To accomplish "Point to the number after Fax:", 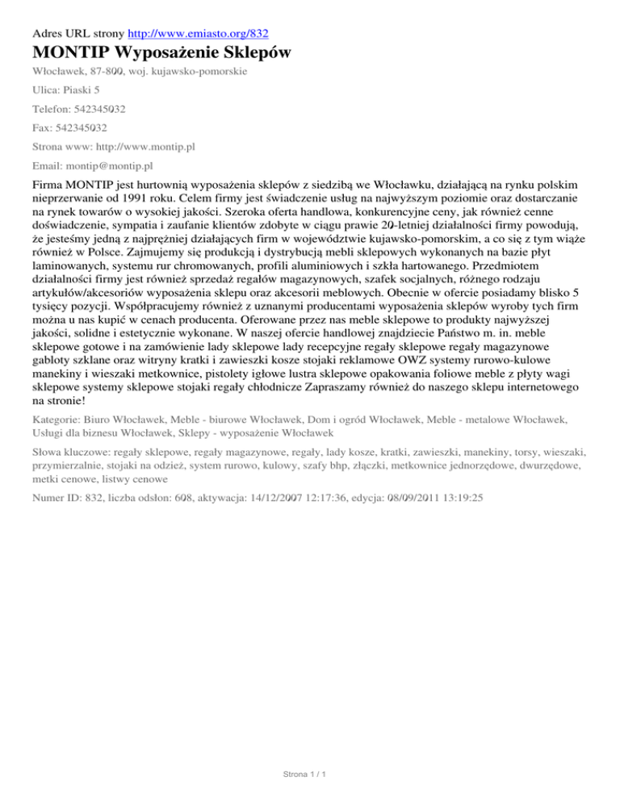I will tap(85, 127).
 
